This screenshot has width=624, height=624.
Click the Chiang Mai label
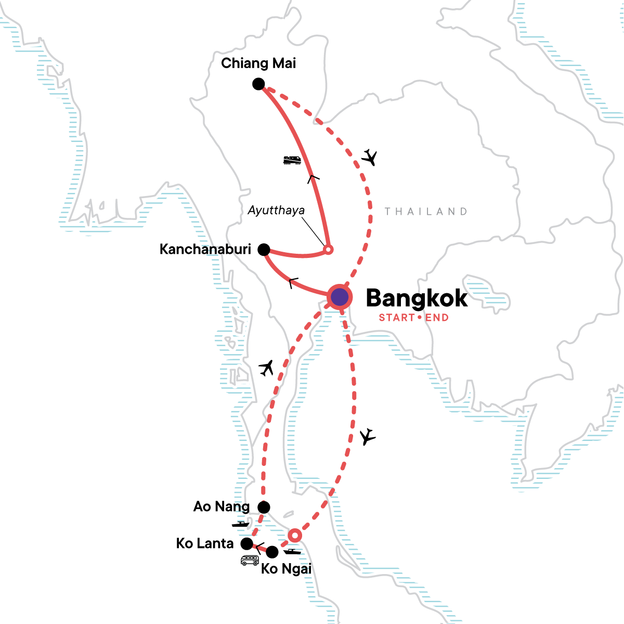[258, 63]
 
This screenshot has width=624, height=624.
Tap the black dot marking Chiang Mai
[258, 84]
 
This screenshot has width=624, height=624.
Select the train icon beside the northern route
[293, 160]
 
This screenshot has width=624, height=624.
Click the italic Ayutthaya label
[276, 211]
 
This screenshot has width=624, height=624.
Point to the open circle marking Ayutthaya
[328, 250]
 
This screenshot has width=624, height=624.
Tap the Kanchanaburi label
[205, 249]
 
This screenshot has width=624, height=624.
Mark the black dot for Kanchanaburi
[264, 250]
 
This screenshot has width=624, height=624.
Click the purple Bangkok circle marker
[339, 297]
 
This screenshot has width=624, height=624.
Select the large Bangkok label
[417, 298]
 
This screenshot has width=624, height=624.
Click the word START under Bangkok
[397, 318]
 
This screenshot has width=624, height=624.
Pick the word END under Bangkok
[437, 318]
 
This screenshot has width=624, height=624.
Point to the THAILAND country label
[426, 212]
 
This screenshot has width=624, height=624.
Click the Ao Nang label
[222, 506]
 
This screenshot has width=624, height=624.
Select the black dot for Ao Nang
[264, 507]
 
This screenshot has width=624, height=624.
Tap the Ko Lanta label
[205, 543]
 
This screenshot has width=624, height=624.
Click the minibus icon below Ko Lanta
[250, 560]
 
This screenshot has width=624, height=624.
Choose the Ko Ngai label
[286, 569]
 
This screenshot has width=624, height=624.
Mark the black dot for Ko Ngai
[272, 552]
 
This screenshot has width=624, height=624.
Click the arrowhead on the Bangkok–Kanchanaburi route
[293, 283]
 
